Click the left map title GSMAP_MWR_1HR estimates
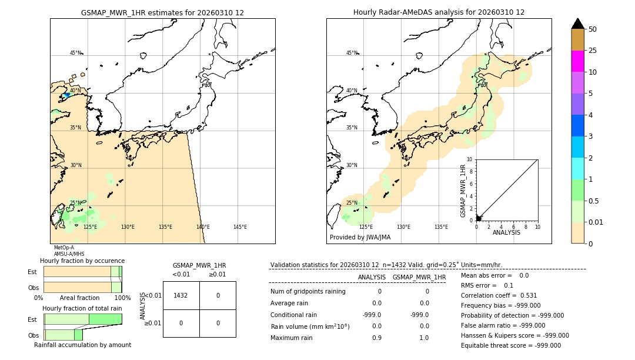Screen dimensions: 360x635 tap(162, 12)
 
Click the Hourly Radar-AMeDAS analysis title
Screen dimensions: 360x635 tap(439, 12)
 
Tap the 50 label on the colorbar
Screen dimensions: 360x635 tap(593, 29)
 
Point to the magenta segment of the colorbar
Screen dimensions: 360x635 tap(577, 61)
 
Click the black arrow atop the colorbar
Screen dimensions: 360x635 tap(577, 24)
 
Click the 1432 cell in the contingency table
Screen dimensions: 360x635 tap(181, 295)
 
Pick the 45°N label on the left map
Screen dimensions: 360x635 tap(75, 53)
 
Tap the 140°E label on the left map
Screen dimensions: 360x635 tap(202, 227)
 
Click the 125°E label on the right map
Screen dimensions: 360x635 tap(366, 227)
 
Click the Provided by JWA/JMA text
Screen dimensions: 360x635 tap(360, 238)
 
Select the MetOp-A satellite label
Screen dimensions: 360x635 tap(63, 248)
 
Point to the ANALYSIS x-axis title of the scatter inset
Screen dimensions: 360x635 tap(506, 233)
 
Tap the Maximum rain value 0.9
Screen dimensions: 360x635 tap(376, 338)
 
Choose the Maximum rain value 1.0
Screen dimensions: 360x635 tap(424, 338)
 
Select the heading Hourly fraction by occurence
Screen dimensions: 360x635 tap(82, 261)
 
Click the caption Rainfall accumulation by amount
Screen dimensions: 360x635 tap(82, 345)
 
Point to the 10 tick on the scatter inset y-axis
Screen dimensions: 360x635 tap(470, 159)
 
